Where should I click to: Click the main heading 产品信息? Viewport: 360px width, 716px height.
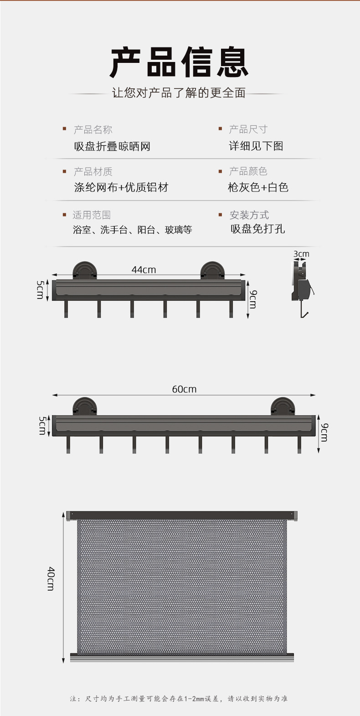click(179, 62)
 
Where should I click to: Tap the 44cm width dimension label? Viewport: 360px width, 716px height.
click(144, 270)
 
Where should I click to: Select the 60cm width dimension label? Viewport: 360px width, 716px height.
click(184, 389)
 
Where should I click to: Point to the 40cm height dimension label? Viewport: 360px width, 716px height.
click(51, 578)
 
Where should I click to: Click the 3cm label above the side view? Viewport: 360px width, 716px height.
click(301, 254)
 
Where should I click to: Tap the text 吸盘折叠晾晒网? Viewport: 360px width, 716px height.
click(112, 146)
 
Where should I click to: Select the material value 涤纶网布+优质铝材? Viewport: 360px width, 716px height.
click(121, 187)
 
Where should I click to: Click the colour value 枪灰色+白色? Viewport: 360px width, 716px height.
click(258, 187)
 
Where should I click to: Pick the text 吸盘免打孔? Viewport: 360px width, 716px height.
click(257, 229)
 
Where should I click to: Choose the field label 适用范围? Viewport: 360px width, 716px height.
click(92, 215)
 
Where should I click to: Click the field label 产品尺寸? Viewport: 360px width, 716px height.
click(248, 129)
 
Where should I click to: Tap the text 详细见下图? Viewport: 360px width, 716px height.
click(256, 146)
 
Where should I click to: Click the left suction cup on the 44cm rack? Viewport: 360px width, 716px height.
click(85, 270)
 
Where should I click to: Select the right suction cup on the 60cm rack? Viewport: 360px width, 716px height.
click(283, 406)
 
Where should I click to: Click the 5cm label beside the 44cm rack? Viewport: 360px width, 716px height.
click(40, 289)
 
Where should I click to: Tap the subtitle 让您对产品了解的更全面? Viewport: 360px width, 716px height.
click(179, 93)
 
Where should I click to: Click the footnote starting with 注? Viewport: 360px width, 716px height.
click(179, 698)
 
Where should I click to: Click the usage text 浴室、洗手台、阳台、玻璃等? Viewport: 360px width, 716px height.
click(132, 230)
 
